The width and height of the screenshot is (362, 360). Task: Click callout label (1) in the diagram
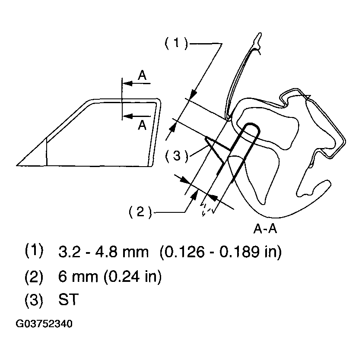point(176,43)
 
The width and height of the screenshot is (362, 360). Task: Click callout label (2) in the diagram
point(140,212)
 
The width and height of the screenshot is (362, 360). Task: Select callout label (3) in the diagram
point(177,156)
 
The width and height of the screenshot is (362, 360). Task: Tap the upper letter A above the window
point(142,75)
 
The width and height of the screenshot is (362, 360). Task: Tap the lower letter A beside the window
point(142,126)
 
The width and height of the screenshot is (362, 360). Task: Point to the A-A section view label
point(265,229)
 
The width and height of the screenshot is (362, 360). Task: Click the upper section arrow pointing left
point(137,83)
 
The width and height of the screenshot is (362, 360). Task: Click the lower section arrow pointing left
point(137,116)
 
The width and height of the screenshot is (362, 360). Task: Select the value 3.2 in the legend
point(70,252)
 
